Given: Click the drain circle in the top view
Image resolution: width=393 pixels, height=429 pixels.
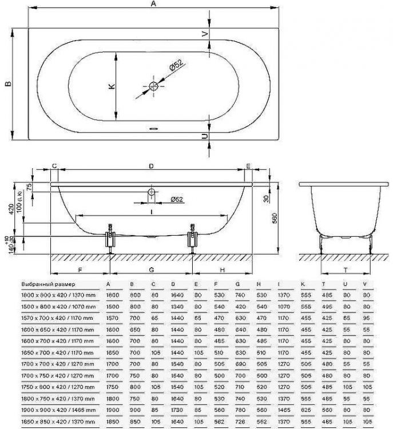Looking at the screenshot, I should [153, 87].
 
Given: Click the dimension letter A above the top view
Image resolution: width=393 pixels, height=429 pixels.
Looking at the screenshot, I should [153, 5].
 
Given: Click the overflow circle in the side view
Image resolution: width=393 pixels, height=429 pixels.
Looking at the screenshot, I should [151, 192].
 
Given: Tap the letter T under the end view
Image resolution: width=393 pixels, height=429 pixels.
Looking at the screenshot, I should [346, 269].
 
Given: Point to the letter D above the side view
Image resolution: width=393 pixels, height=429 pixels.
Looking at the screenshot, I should [151, 166].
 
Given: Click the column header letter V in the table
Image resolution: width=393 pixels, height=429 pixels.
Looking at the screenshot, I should [364, 284].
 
